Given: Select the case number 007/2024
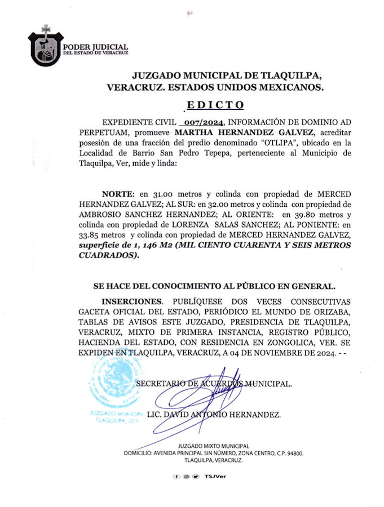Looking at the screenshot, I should pos(202,122).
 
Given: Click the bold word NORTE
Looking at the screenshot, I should pos(118,192).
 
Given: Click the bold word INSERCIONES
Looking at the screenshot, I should pos(131,301).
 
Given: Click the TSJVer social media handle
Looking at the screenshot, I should pos(215,477).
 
